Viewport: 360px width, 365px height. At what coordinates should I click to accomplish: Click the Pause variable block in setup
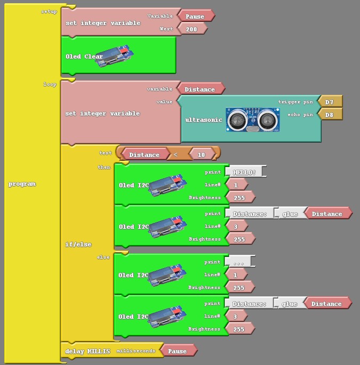click(195, 16)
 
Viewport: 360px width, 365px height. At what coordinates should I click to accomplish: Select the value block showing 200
click(192, 29)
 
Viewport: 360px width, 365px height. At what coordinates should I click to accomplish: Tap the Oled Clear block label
click(84, 56)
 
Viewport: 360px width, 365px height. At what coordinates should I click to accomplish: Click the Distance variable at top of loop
click(200, 89)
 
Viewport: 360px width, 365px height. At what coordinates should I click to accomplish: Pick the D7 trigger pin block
click(329, 102)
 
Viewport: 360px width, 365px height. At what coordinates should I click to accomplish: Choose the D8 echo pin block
click(329, 114)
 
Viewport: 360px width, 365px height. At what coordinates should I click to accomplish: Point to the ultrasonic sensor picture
click(253, 120)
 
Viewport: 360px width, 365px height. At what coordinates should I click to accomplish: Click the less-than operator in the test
click(176, 154)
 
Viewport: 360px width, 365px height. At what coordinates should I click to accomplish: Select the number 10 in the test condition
click(201, 154)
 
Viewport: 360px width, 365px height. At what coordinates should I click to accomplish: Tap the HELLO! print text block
click(244, 172)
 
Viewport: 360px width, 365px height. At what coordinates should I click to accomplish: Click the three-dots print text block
click(239, 262)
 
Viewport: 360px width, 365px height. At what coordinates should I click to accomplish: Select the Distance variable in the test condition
click(144, 154)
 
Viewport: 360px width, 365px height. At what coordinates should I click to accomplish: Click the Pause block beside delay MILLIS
click(177, 351)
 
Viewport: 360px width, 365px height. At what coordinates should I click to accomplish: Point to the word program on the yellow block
click(22, 184)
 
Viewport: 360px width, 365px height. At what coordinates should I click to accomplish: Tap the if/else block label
click(78, 244)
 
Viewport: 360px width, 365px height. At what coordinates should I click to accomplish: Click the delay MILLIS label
click(87, 351)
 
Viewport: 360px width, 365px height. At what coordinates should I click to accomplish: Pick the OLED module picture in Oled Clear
click(114, 56)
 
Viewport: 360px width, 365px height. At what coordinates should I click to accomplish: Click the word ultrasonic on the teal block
click(204, 120)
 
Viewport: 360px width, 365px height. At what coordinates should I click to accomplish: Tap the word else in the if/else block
click(103, 257)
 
